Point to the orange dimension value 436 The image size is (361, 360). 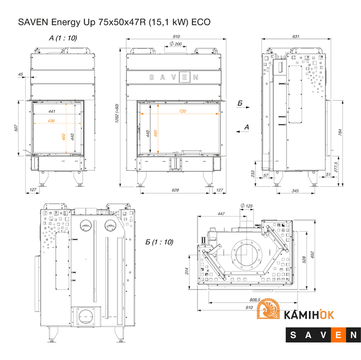click(51, 120)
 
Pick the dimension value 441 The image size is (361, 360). click(52, 111)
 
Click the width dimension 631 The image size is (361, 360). click(296, 37)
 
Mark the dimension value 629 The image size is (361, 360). click(175, 190)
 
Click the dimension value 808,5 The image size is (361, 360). click(254, 300)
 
